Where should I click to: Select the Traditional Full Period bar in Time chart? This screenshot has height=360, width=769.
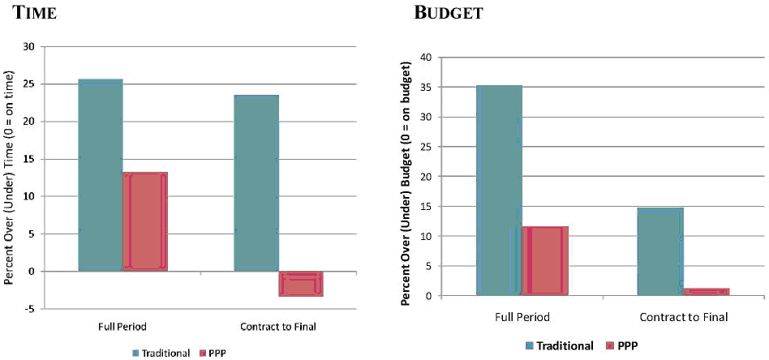click(100, 174)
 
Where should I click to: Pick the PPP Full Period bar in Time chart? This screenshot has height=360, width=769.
click(145, 221)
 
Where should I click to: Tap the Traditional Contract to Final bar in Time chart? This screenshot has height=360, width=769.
click(256, 182)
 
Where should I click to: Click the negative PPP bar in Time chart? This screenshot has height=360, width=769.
click(301, 283)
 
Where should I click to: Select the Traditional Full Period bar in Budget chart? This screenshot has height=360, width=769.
click(499, 190)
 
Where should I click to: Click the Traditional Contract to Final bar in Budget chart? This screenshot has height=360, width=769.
click(660, 251)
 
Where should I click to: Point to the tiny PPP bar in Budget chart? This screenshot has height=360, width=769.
click(706, 291)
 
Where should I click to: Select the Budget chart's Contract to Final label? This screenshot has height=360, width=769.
click(683, 317)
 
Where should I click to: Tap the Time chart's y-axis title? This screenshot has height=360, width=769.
click(11, 178)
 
